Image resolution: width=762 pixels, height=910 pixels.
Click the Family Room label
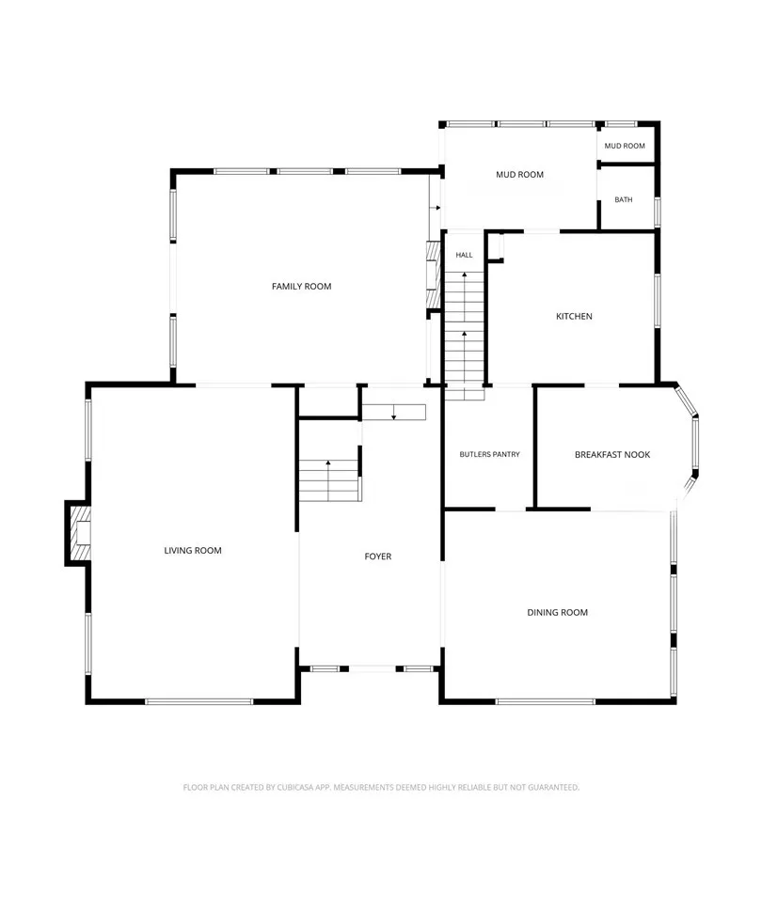click(x=301, y=286)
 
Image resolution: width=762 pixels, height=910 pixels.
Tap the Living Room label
click(x=193, y=550)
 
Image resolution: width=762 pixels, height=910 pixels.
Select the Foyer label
click(x=378, y=556)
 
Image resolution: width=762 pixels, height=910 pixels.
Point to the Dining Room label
click(x=558, y=612)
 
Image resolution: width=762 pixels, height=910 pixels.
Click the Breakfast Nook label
click(x=612, y=454)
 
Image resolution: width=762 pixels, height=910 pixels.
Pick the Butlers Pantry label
click(x=489, y=454)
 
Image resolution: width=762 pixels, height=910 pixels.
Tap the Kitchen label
click(x=575, y=316)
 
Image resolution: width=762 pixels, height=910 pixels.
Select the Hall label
click(x=464, y=255)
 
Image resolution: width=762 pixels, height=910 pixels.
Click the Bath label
click(x=624, y=199)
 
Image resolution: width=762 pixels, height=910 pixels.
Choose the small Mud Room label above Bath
click(x=625, y=146)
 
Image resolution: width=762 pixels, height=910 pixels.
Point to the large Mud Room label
click(x=520, y=174)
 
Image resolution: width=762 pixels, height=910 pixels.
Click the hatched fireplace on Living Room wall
click(x=80, y=533)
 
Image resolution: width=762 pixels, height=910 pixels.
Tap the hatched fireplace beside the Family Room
click(x=434, y=275)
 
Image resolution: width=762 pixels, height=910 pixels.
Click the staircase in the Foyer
click(x=330, y=480)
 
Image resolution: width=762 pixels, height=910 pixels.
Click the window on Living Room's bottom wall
click(x=199, y=701)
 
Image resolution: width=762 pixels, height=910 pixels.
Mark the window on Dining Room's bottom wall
click(x=546, y=701)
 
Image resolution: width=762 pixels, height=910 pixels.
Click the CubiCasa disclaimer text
click(x=381, y=788)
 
